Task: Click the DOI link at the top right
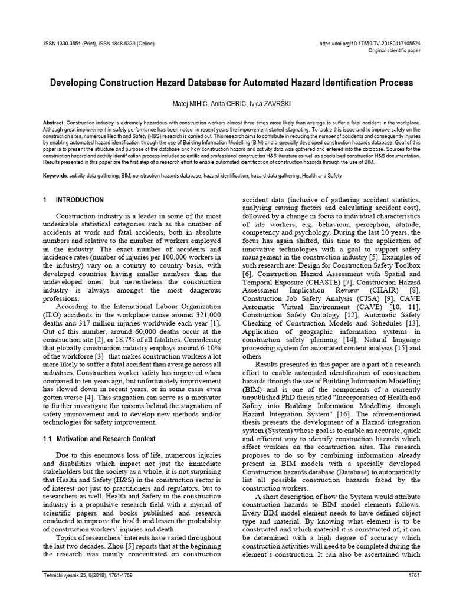pos(369,44)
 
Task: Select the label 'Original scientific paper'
pos(393,51)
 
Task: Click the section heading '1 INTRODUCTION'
pos(74,200)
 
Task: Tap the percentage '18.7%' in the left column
pos(120,342)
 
